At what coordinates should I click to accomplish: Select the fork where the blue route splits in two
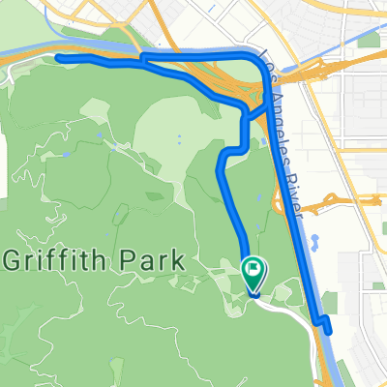pos(142,59)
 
